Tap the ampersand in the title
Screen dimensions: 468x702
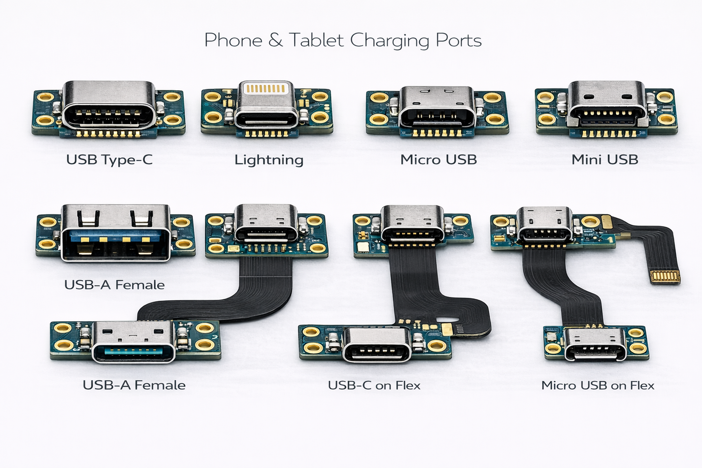click(x=275, y=40)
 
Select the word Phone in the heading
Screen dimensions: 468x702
click(x=233, y=40)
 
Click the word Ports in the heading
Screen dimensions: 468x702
click(x=458, y=40)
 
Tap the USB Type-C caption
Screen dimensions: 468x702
click(x=109, y=160)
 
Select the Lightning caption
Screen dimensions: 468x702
click(x=269, y=160)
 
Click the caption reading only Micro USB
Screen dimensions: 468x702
click(x=438, y=160)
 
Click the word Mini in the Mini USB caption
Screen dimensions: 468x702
click(x=586, y=160)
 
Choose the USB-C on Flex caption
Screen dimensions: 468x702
click(x=374, y=385)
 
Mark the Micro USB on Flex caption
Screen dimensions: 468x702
click(x=598, y=385)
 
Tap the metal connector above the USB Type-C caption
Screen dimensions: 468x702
click(x=109, y=104)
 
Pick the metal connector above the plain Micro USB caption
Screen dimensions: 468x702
click(x=437, y=107)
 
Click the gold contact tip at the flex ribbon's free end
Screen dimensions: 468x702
click(x=665, y=277)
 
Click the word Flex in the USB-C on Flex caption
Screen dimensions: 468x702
click(x=408, y=385)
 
